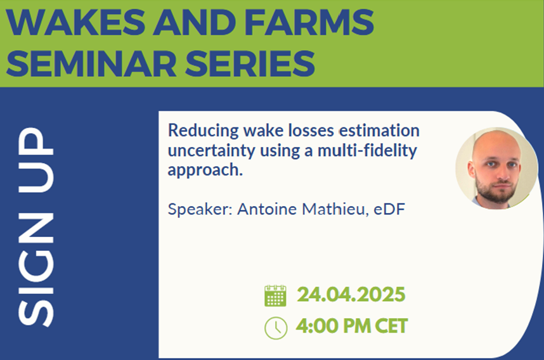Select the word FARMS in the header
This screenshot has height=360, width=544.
tap(309, 22)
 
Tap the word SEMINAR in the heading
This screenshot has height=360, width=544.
tap(91, 63)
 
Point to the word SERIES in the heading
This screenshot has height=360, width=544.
tap(250, 63)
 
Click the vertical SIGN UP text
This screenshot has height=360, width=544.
tap(36, 227)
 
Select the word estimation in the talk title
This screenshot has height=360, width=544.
tap(379, 131)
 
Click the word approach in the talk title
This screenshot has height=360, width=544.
tap(205, 170)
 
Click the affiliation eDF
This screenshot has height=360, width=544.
tap(389, 209)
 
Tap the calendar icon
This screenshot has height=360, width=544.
tap(275, 296)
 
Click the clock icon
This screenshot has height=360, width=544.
tap(276, 328)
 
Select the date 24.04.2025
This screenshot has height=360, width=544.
tap(351, 295)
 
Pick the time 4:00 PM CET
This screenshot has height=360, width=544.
tap(352, 326)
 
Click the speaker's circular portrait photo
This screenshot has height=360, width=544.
tap(496, 168)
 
